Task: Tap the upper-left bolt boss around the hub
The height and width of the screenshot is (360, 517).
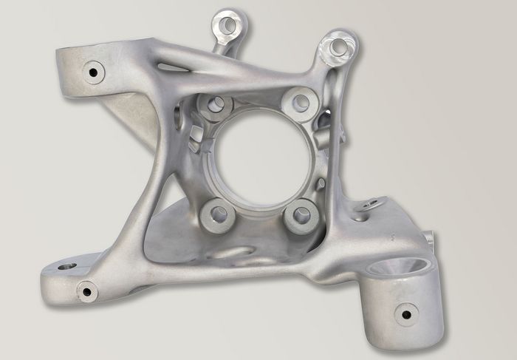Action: coord(216,105)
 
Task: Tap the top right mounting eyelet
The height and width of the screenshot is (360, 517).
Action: coord(339,47)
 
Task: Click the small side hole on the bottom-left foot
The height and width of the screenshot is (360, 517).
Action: coord(87,291)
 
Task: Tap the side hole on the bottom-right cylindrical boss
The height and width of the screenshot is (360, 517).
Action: coord(405,314)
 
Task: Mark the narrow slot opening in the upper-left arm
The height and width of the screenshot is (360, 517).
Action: coord(171,67)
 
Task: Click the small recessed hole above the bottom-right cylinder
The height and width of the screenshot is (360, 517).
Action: coord(362,217)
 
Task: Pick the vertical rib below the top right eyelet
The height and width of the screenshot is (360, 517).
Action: coord(336,133)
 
